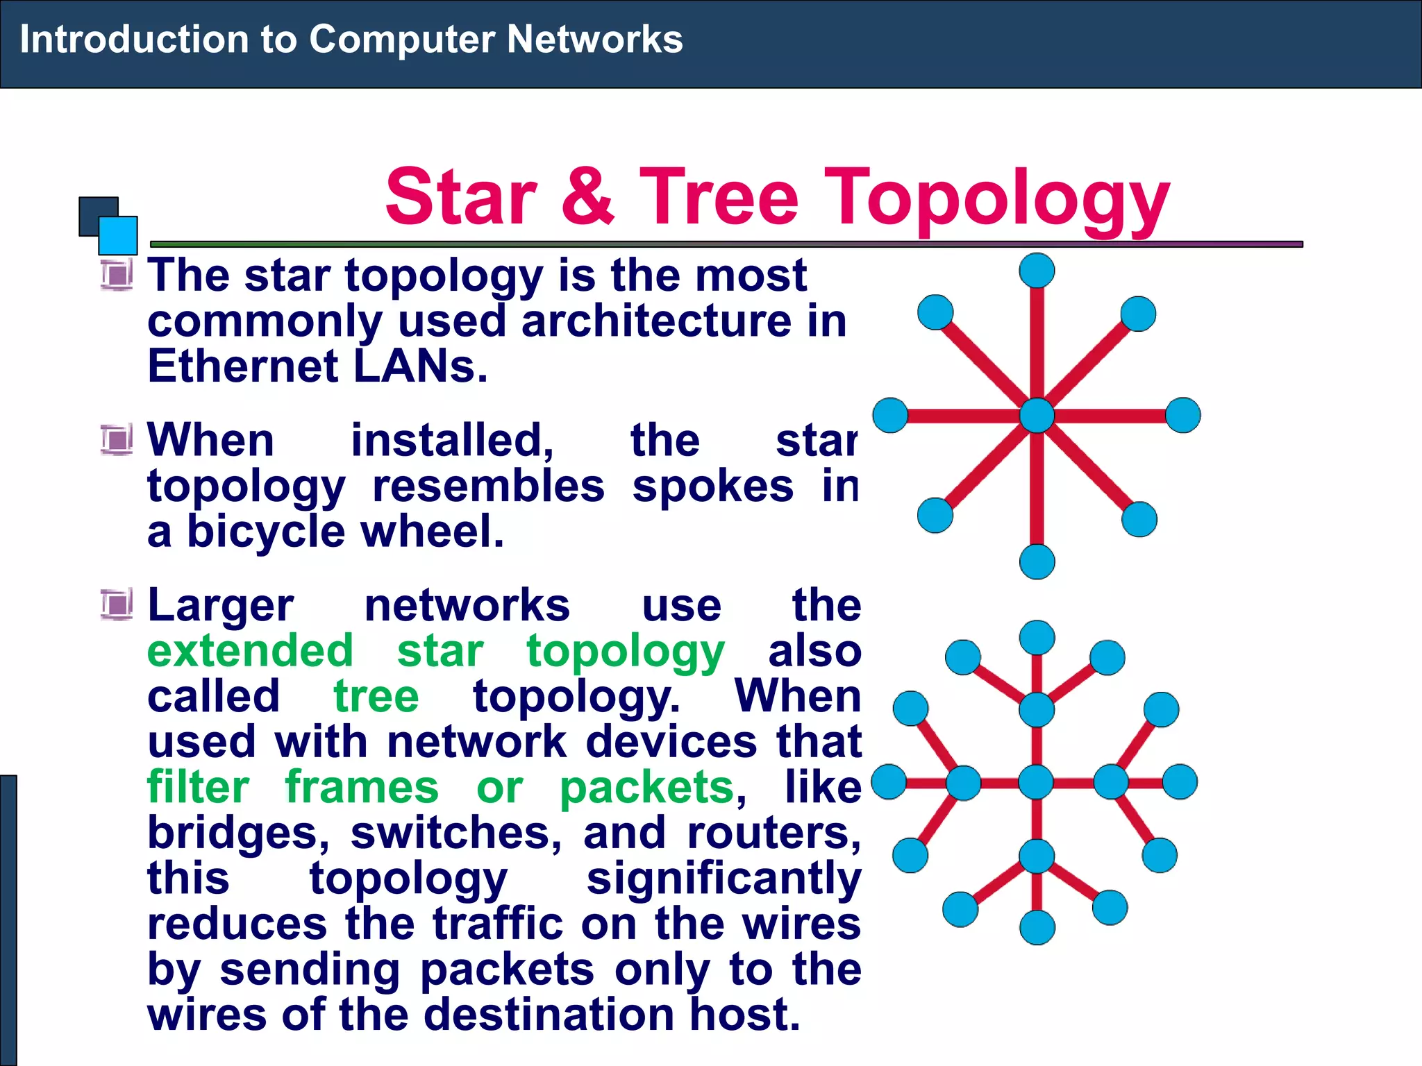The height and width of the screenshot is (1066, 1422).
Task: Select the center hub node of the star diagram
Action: pos(1037,416)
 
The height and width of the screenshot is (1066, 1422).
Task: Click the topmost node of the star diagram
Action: pos(1037,271)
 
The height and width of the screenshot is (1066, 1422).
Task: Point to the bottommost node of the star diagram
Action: pos(1037,561)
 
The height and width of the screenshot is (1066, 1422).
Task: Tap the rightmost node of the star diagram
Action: pos(1182,415)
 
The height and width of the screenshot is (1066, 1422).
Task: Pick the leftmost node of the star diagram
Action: pos(890,415)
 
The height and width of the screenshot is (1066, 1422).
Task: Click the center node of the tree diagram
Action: pos(1036,782)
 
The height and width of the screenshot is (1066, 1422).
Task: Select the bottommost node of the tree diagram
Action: pos(1037,927)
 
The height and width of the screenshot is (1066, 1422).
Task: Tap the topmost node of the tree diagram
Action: pos(1037,638)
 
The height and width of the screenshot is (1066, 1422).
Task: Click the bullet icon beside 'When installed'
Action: pos(116,439)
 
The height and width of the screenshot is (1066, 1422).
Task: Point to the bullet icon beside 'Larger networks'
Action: pos(116,604)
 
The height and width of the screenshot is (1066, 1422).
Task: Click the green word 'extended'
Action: pos(250,651)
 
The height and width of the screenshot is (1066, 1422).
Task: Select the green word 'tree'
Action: pos(376,696)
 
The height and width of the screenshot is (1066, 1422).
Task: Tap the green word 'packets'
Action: pos(646,788)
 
